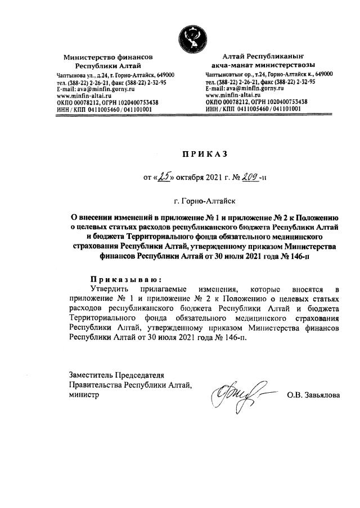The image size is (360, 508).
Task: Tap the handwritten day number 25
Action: (x=164, y=178)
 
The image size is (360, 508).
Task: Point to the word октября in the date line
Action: (x=192, y=179)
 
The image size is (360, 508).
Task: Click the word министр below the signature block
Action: (x=84, y=395)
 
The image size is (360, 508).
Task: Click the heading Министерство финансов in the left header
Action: (x=108, y=57)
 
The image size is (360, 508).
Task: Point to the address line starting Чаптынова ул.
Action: (x=115, y=75)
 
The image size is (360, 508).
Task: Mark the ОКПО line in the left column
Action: (x=107, y=102)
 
